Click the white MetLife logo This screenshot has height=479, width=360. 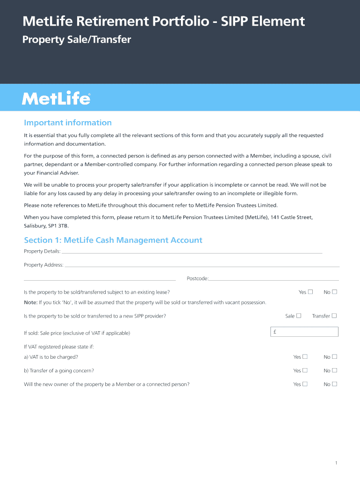click(56, 99)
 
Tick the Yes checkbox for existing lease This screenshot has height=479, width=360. click(311, 292)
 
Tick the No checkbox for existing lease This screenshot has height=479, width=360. click(334, 292)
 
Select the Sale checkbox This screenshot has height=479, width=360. click(299, 316)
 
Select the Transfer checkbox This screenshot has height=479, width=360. click(334, 316)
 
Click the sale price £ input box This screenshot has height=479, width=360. click(304, 332)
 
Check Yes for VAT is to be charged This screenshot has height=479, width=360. click(305, 357)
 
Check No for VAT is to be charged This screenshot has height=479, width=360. click(334, 357)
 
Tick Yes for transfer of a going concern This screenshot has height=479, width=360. click(305, 370)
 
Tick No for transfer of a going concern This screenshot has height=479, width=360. click(334, 370)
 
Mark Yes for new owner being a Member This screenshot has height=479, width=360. click(305, 384)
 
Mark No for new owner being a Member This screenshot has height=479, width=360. click(334, 384)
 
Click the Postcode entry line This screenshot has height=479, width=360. click(274, 278)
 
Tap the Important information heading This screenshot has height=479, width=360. click(68, 123)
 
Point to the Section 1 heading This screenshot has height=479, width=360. click(113, 240)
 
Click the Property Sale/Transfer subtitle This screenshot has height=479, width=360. click(77, 40)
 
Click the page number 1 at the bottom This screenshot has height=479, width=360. click(336, 463)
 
